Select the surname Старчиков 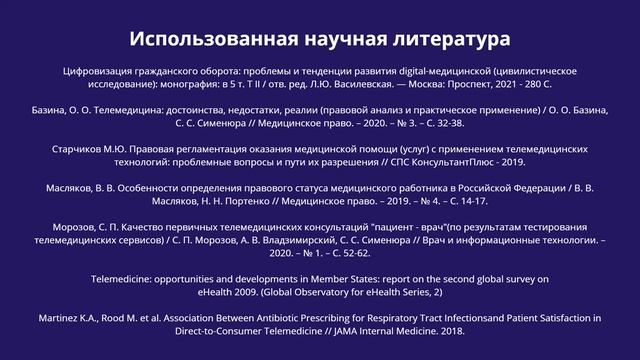82,148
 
